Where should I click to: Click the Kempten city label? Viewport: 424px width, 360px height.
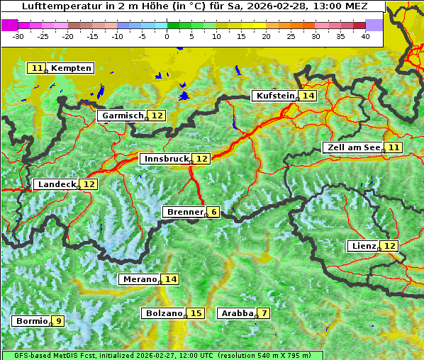[x=71, y=68]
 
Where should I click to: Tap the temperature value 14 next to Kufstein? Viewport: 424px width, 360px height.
[x=308, y=96]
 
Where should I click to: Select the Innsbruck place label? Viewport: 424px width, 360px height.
[x=165, y=159]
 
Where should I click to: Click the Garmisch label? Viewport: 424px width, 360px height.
[x=123, y=116]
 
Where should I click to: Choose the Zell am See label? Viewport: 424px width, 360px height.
[x=352, y=147]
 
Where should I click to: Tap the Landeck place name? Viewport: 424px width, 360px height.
[x=56, y=184]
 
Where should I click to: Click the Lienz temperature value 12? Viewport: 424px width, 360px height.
[x=390, y=246]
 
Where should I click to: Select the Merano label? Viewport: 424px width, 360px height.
[x=139, y=279]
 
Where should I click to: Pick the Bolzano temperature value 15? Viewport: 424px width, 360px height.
[x=196, y=313]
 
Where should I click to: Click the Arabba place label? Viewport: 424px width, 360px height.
[x=236, y=313]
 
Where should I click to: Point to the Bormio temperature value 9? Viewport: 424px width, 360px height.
[x=58, y=321]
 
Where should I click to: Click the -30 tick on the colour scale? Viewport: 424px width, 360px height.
[x=18, y=36]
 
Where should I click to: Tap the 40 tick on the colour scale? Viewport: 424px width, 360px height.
[x=365, y=36]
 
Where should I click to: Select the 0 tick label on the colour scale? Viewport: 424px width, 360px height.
[x=167, y=36]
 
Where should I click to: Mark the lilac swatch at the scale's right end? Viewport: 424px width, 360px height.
[x=374, y=25]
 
